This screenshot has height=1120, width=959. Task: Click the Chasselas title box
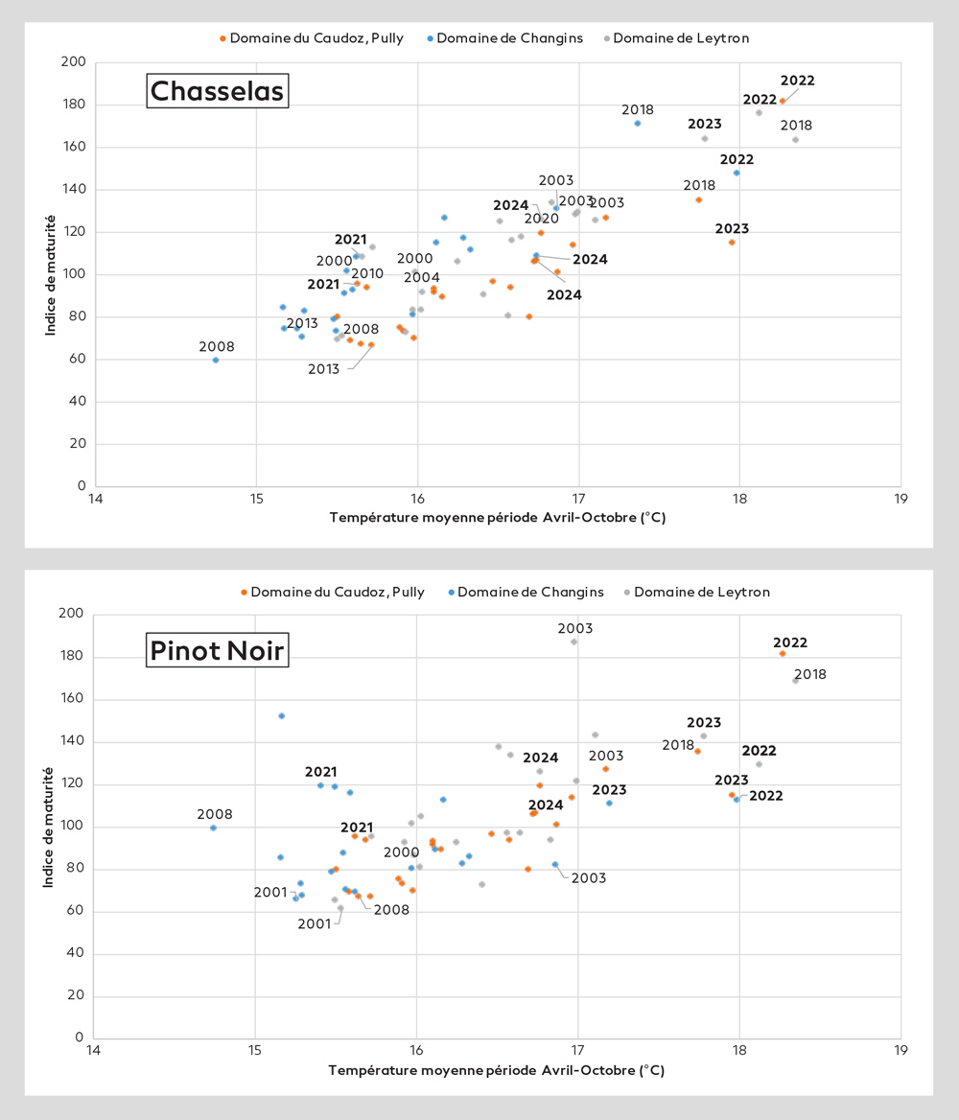point(218,91)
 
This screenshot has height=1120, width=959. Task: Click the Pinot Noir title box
point(217,651)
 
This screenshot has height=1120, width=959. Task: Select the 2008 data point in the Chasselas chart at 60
point(216,360)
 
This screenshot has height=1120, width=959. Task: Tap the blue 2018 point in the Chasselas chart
point(637,123)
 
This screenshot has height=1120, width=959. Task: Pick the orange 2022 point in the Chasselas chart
point(783,101)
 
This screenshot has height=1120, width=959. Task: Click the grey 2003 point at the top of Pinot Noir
point(574,642)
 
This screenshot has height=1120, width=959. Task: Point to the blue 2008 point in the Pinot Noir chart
point(213,828)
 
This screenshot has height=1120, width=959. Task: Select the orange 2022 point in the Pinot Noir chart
point(783,653)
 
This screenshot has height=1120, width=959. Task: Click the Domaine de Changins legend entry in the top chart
point(504,38)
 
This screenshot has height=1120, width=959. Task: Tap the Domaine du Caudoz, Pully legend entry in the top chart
point(312,38)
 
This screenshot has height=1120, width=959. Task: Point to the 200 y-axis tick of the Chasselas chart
point(74,62)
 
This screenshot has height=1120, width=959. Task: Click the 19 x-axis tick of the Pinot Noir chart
point(900,1051)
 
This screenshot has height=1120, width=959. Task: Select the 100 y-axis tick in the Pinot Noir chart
point(74,827)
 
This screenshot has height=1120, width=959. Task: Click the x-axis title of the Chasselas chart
point(497,518)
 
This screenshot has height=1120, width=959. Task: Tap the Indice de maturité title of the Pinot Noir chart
point(48,827)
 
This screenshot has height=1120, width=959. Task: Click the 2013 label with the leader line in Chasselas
point(323,368)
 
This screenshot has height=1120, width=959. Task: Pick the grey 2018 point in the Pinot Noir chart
point(795,680)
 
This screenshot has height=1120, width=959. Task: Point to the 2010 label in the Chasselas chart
point(367,274)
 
